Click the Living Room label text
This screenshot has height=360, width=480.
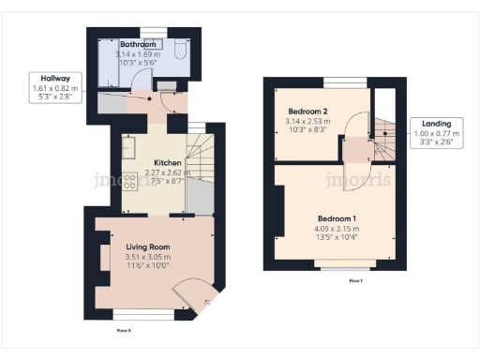148,247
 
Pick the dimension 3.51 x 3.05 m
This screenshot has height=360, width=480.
148,257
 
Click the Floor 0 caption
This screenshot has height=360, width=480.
123,330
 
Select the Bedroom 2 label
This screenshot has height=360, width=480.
307,111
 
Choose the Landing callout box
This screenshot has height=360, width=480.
436,132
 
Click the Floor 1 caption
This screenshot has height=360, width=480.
355,280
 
